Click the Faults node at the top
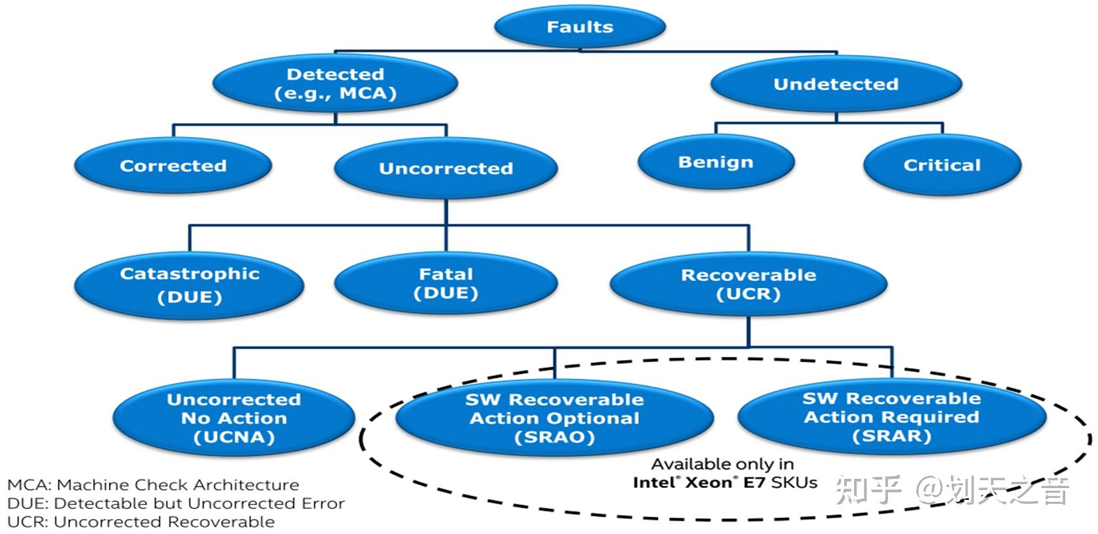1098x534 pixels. click(x=580, y=26)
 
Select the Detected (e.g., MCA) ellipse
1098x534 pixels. click(x=335, y=83)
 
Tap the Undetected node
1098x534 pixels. click(x=836, y=84)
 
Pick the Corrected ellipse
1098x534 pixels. click(x=173, y=165)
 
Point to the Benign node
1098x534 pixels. click(x=716, y=162)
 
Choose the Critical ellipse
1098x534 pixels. click(x=942, y=165)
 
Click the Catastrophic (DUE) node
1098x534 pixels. click(x=189, y=285)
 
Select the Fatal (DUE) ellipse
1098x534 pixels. click(x=446, y=283)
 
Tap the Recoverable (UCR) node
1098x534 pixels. click(x=748, y=284)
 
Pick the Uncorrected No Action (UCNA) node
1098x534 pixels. click(x=234, y=418)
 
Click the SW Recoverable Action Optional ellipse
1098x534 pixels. click(x=554, y=418)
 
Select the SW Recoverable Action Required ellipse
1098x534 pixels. click(x=892, y=417)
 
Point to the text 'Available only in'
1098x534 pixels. click(x=723, y=464)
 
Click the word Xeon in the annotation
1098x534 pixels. click(x=709, y=483)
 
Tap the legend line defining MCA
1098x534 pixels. click(x=153, y=485)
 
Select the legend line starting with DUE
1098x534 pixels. click(x=176, y=504)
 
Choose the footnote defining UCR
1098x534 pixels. click(x=141, y=522)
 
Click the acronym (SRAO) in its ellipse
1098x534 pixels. click(x=554, y=437)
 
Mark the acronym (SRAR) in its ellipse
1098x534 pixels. click(x=891, y=436)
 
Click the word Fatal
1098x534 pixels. click(x=446, y=274)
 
